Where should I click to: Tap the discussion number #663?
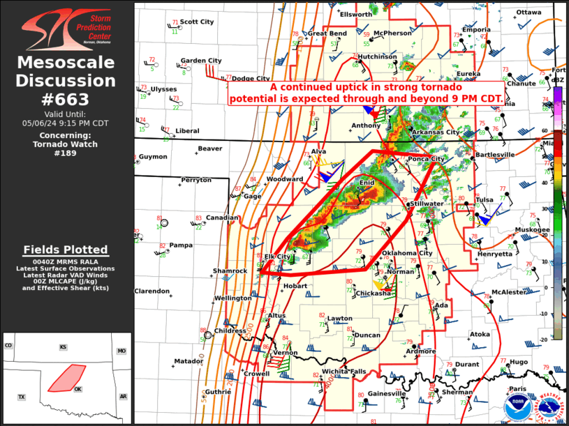(66, 98)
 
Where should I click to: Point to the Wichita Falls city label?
(343, 371)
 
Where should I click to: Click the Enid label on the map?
(367, 183)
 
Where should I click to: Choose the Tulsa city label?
(484, 200)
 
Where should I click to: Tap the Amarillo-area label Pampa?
(181, 245)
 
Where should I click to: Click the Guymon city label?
(153, 157)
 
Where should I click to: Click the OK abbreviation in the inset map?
(77, 389)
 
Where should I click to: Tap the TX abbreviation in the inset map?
(21, 397)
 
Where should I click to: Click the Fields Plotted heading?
(66, 250)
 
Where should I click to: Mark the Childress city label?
(230, 330)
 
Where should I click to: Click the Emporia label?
(475, 30)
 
